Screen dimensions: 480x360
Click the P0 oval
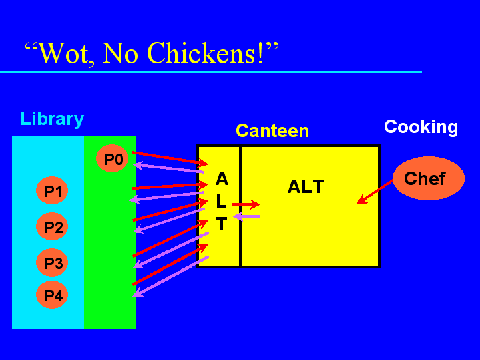[x=112, y=158]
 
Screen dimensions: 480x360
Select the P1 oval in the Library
[x=52, y=190]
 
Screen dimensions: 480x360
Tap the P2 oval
[x=52, y=226]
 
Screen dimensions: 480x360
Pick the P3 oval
[x=52, y=262]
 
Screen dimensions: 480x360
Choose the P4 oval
[x=52, y=295]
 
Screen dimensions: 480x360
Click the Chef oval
[x=429, y=178]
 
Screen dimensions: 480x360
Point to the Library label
[x=52, y=119]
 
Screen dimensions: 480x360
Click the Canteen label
[x=272, y=131]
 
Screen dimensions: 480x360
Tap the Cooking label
[x=421, y=127]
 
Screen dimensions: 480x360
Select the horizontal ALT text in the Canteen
[x=306, y=186]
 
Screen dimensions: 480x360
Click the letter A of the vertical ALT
[x=222, y=178]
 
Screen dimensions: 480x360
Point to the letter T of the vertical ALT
[x=222, y=224]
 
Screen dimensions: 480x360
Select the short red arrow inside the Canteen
[x=246, y=204]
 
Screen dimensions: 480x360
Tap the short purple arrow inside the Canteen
[x=247, y=216]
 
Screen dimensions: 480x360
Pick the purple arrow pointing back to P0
[x=169, y=168]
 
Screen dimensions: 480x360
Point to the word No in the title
[x=120, y=53]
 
